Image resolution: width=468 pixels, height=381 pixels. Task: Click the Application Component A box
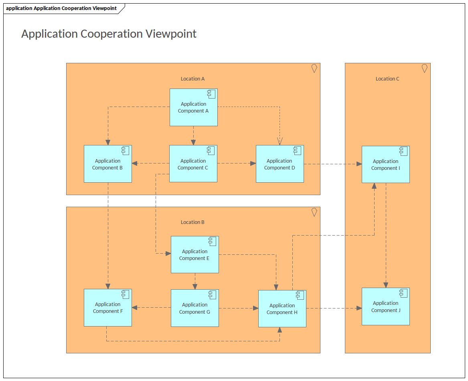pos(193,107)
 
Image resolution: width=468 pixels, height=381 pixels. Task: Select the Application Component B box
pos(107,164)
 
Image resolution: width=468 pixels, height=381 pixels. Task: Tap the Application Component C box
pos(193,164)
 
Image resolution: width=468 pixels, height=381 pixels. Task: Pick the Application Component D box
pos(280,164)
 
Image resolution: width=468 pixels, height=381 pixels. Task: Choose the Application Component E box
pos(194,255)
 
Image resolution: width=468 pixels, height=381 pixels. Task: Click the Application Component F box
pos(107,308)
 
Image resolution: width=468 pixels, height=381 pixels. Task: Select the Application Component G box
pos(194,308)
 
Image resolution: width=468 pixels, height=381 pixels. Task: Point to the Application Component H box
pos(282,309)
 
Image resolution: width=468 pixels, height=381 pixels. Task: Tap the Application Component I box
pos(385,165)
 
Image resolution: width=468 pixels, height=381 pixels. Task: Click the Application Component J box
pos(385,306)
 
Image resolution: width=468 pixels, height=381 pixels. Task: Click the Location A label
pos(192,79)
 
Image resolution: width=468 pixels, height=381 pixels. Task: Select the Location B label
pos(192,222)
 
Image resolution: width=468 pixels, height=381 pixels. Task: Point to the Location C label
pos(387,79)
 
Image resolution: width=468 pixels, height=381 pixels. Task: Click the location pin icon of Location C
pos(424,69)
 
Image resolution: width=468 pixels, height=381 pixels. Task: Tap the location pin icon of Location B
pos(314,212)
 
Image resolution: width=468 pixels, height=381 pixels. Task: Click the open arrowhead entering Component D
pos(280,141)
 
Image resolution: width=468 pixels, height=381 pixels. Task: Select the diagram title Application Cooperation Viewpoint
pos(109,34)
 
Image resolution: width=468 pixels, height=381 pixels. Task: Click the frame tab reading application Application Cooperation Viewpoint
pos(61,8)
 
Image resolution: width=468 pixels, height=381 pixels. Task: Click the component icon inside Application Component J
pos(403,293)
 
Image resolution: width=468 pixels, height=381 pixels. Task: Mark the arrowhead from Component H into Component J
pos(359,308)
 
